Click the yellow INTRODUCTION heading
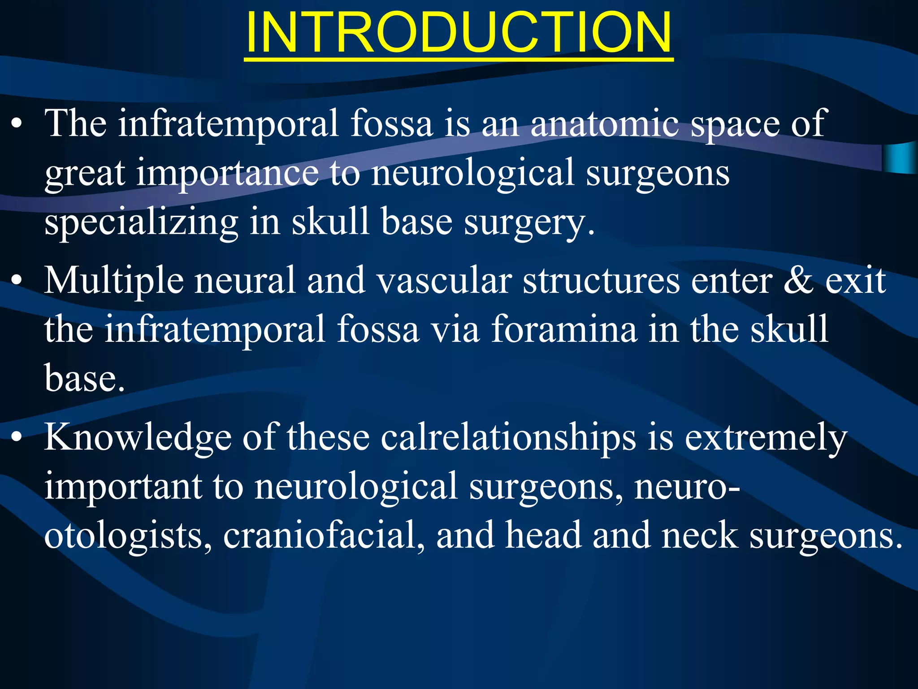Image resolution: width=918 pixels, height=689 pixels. [x=458, y=32]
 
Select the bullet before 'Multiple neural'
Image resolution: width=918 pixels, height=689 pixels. [x=17, y=282]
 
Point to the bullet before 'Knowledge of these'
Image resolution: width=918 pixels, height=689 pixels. [x=17, y=438]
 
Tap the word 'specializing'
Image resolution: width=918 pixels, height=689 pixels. [x=141, y=223]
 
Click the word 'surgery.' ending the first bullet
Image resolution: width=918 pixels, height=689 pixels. [x=529, y=223]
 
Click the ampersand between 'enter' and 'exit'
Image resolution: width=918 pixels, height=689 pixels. [x=798, y=281]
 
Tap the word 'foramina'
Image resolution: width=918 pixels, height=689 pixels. [x=564, y=330]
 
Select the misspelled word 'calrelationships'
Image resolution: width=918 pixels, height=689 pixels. [x=508, y=438]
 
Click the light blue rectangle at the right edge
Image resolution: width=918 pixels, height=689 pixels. [x=900, y=157]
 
